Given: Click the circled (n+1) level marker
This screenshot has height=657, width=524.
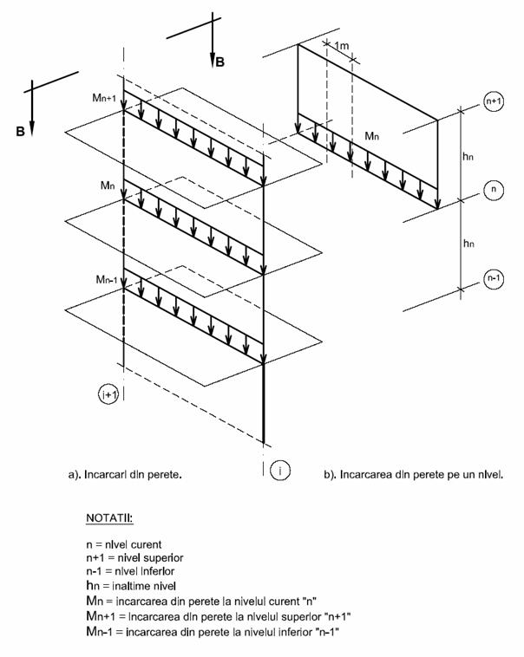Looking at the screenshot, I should click(x=494, y=101).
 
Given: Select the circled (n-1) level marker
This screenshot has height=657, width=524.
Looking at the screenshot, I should click(x=494, y=279).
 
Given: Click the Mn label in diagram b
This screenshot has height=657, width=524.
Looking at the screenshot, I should click(x=371, y=137).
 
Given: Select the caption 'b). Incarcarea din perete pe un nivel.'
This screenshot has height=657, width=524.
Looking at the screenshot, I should click(x=422, y=475).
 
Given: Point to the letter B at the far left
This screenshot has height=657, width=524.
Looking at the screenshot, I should click(x=18, y=131).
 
